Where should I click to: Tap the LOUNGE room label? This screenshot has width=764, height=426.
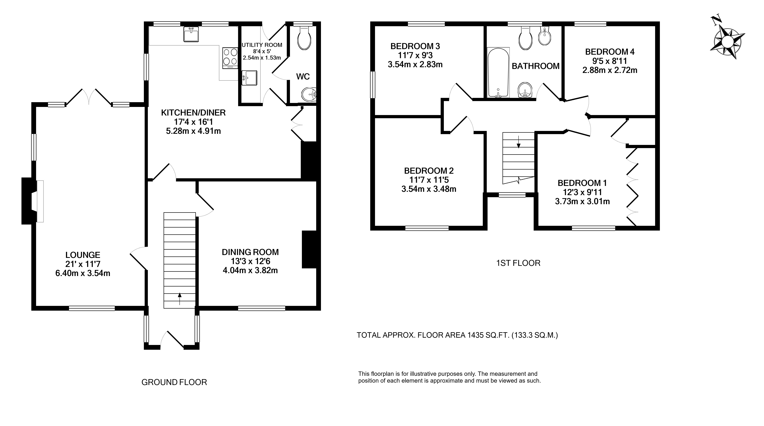(x=83, y=255)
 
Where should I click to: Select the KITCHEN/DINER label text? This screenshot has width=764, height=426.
(x=193, y=113)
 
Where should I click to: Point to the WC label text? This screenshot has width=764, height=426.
(x=303, y=76)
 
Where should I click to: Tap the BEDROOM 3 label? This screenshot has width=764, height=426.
(x=415, y=46)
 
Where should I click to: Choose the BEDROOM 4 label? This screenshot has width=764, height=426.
(x=610, y=52)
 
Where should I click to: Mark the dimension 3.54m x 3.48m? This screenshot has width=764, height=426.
(x=429, y=189)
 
